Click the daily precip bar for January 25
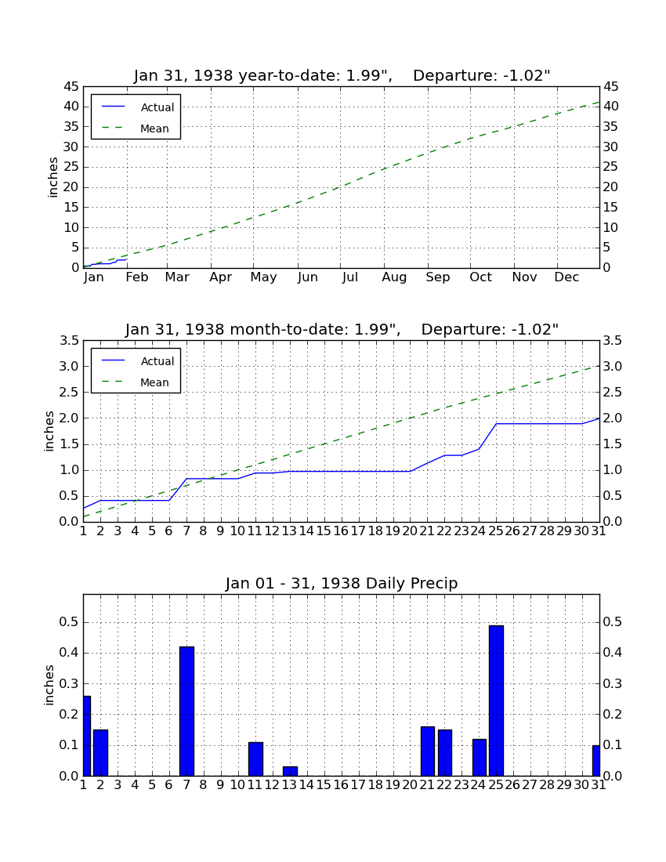[496, 701]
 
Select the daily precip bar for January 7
[186, 712]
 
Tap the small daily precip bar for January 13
[290, 771]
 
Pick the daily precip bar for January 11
[255, 759]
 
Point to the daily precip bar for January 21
[428, 752]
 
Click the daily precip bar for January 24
[480, 758]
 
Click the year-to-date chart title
[342, 75]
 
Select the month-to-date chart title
[342, 329]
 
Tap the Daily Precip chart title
[342, 583]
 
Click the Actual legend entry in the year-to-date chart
[138, 107]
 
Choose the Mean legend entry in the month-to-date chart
[138, 382]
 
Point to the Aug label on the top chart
[395, 277]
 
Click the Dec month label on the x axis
[566, 277]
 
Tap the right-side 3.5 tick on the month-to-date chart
[612, 341]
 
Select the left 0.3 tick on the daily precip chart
[71, 684]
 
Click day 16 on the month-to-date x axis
[342, 531]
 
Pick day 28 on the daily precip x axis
[548, 785]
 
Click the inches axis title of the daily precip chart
[49, 685]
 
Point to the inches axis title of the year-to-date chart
[52, 177]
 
